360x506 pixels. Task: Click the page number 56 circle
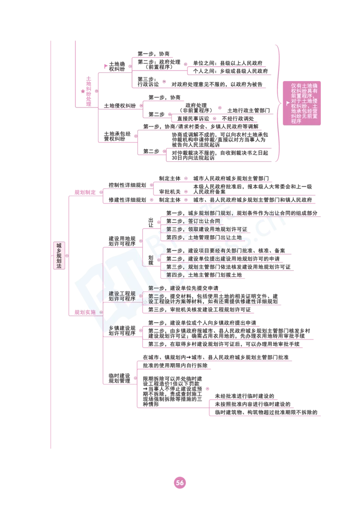(180, 483)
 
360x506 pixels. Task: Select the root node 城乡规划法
(59, 256)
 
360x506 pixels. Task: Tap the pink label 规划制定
(85, 192)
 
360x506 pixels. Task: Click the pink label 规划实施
(85, 312)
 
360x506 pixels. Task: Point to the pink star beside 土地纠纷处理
(83, 91)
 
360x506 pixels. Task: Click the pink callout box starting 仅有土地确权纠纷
(302, 103)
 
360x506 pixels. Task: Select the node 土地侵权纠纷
(120, 106)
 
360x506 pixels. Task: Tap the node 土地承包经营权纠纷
(117, 136)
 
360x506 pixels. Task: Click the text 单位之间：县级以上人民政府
(228, 63)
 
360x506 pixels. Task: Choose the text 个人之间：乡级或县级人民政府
(230, 71)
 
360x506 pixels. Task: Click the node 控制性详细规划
(127, 185)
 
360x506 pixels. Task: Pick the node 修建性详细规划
(127, 200)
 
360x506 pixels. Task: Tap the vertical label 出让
(151, 223)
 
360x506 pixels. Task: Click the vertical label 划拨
(151, 260)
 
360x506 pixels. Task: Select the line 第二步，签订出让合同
(193, 221)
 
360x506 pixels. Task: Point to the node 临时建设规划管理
(119, 378)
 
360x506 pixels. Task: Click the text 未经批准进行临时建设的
(244, 396)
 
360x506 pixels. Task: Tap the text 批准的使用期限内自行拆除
(175, 366)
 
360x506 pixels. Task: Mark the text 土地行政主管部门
(249, 111)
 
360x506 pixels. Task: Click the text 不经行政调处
(238, 119)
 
